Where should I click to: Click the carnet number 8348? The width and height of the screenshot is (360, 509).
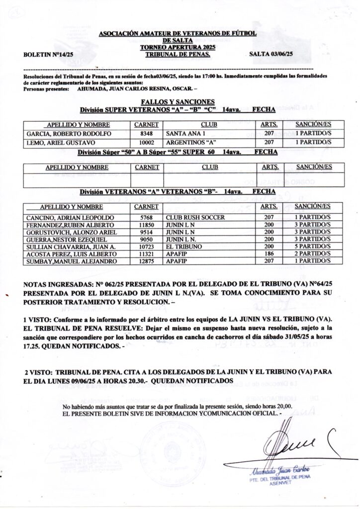tap(146, 134)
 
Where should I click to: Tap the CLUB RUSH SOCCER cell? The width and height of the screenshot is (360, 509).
tap(195, 218)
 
